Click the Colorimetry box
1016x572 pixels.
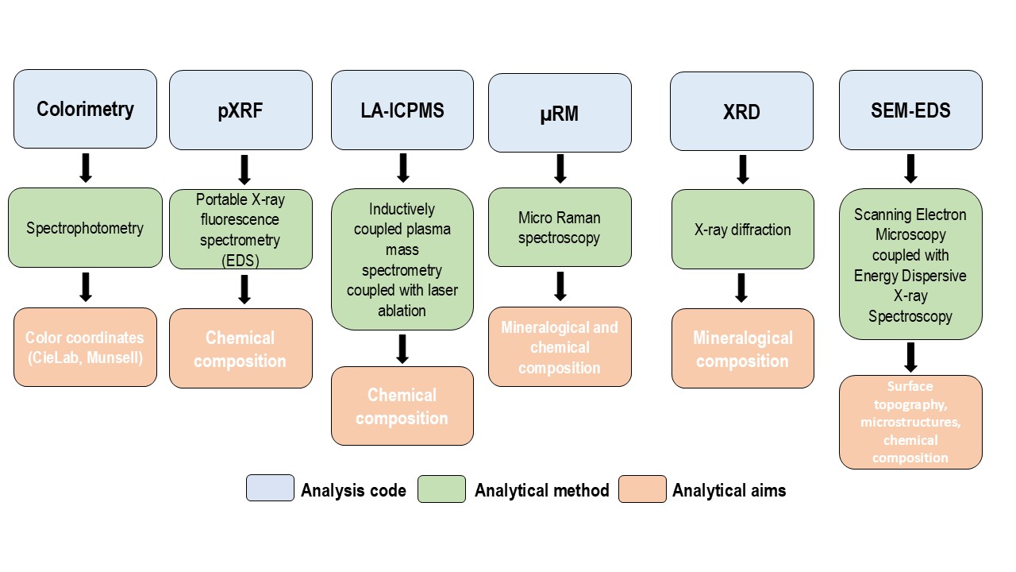coord(85,109)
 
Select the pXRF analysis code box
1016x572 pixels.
coord(241,110)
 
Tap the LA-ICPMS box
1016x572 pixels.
coord(402,110)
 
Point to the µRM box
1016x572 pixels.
coord(560,113)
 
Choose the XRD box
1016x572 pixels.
coord(741,111)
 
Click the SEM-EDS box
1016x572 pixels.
coord(910,110)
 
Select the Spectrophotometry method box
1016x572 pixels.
coord(85,228)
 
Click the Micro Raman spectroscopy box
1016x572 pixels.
coord(560,227)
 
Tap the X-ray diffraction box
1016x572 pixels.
coord(742,230)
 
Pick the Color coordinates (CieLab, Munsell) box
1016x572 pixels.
coord(85,347)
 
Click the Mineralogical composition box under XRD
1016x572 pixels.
coord(742,349)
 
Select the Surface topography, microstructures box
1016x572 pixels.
coord(910,422)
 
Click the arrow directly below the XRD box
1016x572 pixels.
coord(742,169)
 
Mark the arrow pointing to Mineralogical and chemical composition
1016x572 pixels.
coord(560,286)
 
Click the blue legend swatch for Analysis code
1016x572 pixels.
coord(270,489)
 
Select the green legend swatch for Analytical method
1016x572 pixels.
coord(441,489)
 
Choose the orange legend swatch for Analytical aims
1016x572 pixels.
coord(642,489)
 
